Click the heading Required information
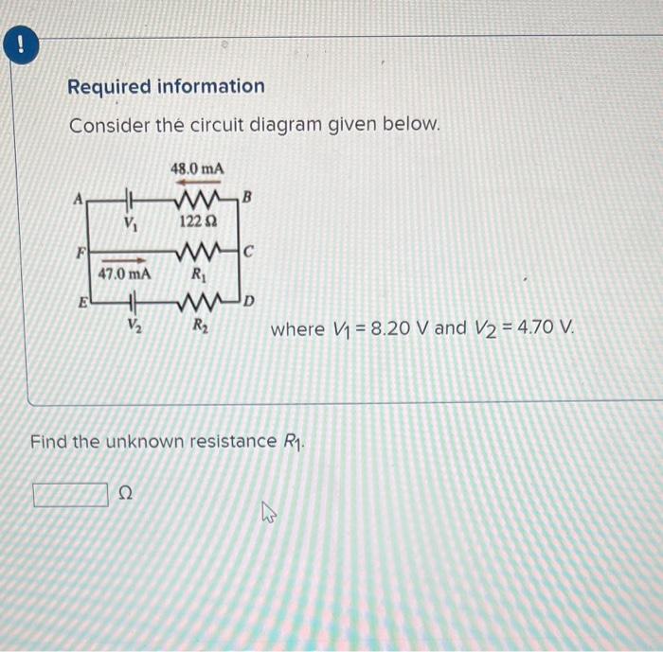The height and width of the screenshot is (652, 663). pyautogui.click(x=166, y=87)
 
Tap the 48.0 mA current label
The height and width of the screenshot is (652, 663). pyautogui.click(x=197, y=168)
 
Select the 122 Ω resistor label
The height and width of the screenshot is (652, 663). pyautogui.click(x=198, y=220)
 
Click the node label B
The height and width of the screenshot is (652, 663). pyautogui.click(x=247, y=198)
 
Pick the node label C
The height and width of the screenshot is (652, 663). pyautogui.click(x=248, y=251)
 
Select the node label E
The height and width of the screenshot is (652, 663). pyautogui.click(x=82, y=305)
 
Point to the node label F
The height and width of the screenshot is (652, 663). pyautogui.click(x=81, y=253)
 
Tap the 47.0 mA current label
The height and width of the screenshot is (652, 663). pyautogui.click(x=124, y=274)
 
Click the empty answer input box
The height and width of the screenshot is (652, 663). pyautogui.click(x=70, y=494)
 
